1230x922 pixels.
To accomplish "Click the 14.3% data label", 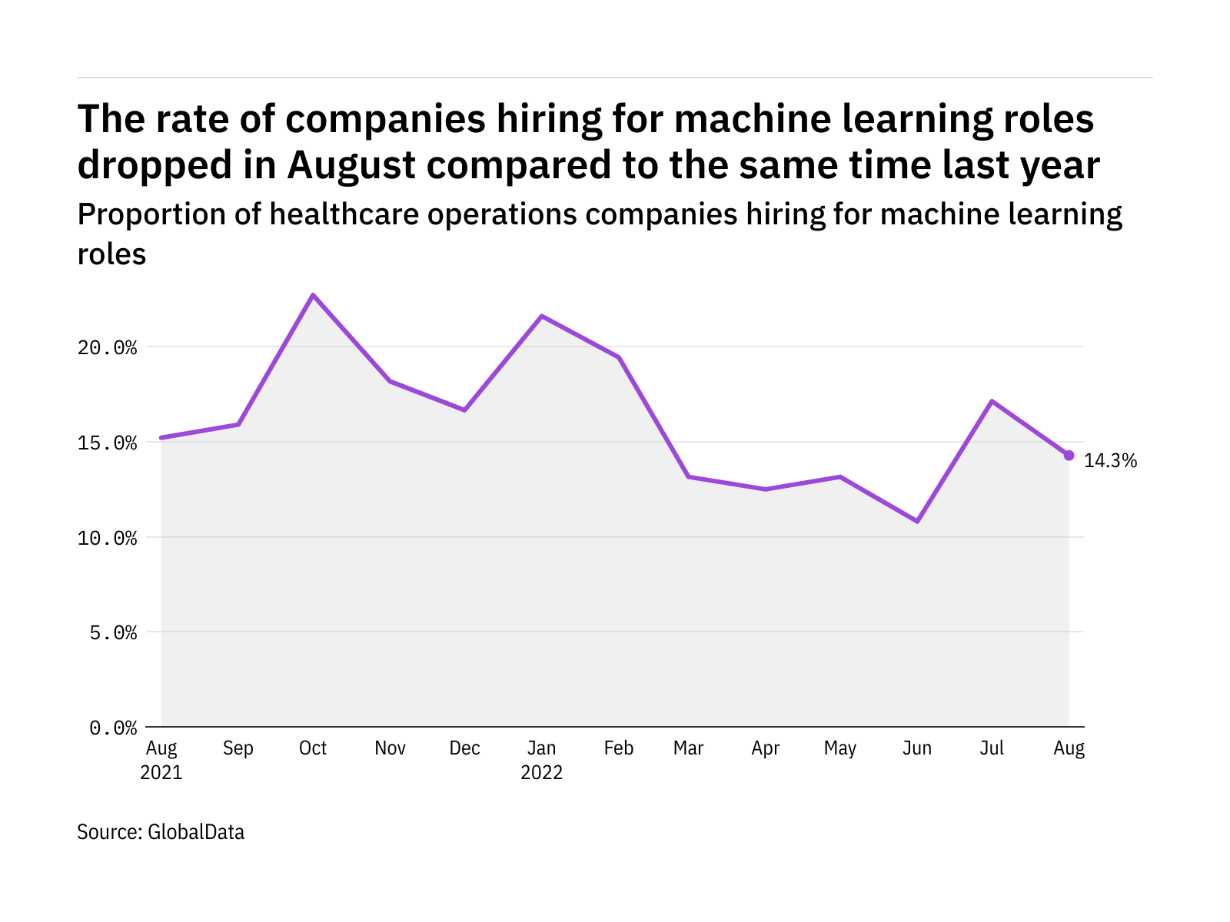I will [1110, 461].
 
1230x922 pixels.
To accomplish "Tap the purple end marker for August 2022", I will [1069, 456].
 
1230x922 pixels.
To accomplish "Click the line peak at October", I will [313, 295].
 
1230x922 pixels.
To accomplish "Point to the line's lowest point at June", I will [917, 521].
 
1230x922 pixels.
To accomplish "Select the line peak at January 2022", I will [542, 316].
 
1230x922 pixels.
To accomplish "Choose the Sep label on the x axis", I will [238, 748].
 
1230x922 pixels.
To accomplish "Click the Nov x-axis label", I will [390, 748].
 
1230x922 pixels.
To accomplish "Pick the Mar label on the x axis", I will [688, 748].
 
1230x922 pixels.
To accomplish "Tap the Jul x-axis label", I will [992, 748].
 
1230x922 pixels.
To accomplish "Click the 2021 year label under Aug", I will [161, 772].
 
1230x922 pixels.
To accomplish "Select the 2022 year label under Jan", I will [542, 772].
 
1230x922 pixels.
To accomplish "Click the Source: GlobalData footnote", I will [161, 832].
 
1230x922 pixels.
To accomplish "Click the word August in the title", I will [351, 165].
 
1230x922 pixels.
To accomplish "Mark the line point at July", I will [992, 401].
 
